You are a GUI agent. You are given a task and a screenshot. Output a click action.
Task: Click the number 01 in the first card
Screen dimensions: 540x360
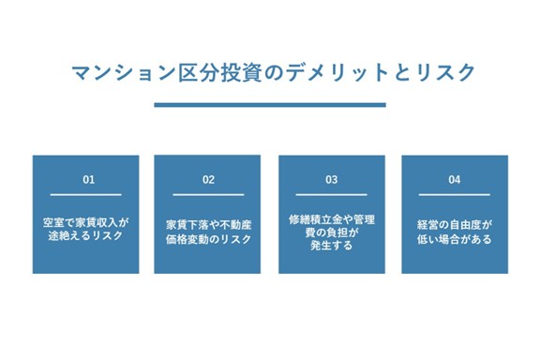(x=89, y=179)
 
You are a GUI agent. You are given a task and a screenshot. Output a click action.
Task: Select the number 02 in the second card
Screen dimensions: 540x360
(x=208, y=179)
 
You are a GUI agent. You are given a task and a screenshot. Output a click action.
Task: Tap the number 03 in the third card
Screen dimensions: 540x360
(x=331, y=179)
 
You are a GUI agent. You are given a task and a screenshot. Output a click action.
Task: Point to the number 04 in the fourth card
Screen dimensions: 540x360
(x=455, y=179)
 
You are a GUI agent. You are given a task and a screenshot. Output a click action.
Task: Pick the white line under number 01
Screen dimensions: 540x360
(x=89, y=194)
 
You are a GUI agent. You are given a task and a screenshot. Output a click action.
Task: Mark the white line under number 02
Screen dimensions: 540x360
(x=208, y=194)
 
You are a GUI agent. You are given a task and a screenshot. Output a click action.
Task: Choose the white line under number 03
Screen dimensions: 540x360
(x=331, y=194)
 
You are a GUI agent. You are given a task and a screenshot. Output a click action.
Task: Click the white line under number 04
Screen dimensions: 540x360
(x=455, y=194)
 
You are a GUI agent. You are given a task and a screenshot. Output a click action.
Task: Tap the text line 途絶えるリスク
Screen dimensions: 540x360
(x=89, y=239)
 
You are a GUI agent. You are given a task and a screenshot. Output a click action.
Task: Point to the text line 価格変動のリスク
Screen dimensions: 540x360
(x=208, y=239)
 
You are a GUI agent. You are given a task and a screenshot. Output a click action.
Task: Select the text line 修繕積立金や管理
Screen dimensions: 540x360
(x=331, y=218)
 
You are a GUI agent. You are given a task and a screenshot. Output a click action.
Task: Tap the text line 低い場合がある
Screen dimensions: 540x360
(x=455, y=239)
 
